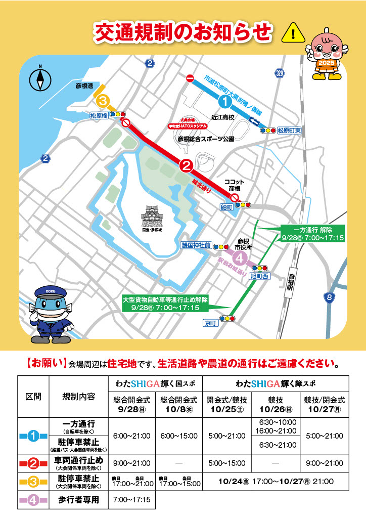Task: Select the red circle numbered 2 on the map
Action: click(x=186, y=165)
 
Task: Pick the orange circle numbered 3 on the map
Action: click(x=103, y=101)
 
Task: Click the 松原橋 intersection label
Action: click(x=99, y=115)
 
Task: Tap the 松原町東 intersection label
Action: click(x=289, y=130)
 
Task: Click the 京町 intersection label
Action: click(x=209, y=322)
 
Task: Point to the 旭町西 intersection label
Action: click(x=261, y=277)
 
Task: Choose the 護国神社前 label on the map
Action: click(x=196, y=245)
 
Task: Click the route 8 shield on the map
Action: click(x=330, y=298)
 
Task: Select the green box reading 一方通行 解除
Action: click(x=312, y=233)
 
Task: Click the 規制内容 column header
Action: click(x=78, y=396)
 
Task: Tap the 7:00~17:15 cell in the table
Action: click(x=132, y=500)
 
